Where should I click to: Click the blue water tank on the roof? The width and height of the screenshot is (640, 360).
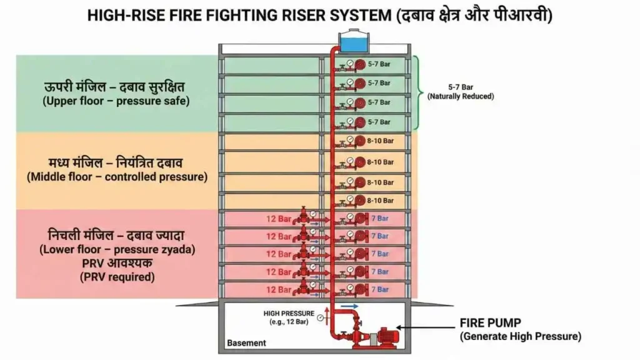coord(352,42)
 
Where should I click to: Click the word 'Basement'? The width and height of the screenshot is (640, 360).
coord(246,343)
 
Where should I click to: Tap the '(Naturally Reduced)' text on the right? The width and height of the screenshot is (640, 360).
coord(460,96)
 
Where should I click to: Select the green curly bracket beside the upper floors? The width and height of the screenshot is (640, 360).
coord(417,92)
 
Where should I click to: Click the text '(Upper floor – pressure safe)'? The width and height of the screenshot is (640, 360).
coord(116,101)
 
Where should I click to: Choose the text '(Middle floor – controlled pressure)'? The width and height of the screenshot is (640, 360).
coord(117,177)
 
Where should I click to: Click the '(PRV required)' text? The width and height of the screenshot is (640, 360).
coord(117,277)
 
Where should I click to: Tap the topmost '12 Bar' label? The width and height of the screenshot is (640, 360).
coord(279,219)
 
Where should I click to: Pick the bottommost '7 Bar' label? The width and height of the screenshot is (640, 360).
coord(379,289)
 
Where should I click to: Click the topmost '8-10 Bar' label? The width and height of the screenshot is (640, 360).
coord(380,142)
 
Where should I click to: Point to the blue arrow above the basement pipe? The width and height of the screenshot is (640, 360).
coord(351,306)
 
